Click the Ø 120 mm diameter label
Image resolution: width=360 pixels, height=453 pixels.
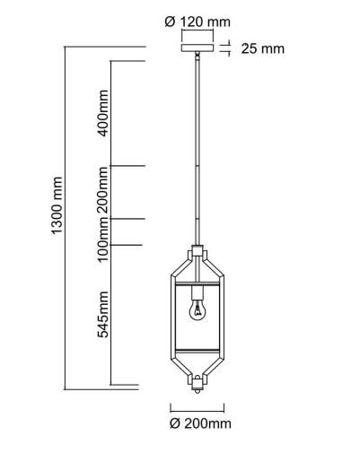pyautogui.click(x=198, y=20)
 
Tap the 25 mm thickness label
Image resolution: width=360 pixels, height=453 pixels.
pyautogui.click(x=262, y=48)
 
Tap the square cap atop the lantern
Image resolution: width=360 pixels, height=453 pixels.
pyautogui.click(x=198, y=251)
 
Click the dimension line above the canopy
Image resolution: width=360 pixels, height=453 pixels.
pyautogui.click(x=198, y=35)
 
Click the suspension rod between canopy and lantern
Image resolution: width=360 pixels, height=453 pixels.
pyautogui.click(x=198, y=152)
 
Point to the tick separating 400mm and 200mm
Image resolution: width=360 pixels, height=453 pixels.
pyautogui.click(x=127, y=166)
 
